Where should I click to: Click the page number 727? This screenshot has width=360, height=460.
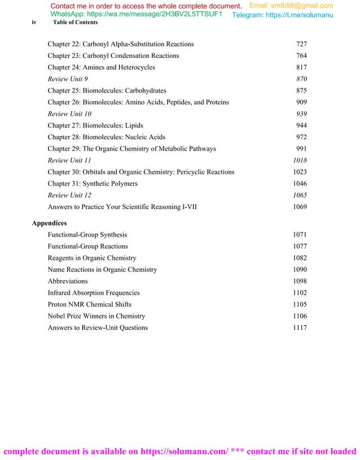pyautogui.click(x=301, y=44)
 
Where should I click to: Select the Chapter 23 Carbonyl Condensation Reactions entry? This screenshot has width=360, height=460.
pyautogui.click(x=113, y=56)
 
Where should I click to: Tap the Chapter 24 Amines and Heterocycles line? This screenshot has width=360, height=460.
pyautogui.click(x=101, y=68)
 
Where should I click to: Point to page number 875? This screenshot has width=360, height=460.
pyautogui.click(x=301, y=91)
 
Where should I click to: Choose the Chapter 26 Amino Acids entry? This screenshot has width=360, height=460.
pyautogui.click(x=138, y=103)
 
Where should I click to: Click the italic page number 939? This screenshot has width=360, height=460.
pyautogui.click(x=301, y=114)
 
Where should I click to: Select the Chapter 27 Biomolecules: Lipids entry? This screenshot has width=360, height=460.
pyautogui.click(x=95, y=126)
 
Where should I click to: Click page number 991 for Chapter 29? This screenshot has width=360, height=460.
pyautogui.click(x=301, y=149)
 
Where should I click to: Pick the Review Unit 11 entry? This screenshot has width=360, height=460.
pyautogui.click(x=69, y=161)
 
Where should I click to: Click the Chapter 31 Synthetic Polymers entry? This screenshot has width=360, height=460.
pyautogui.click(x=93, y=184)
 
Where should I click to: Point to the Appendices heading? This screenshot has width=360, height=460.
pyautogui.click(x=49, y=223)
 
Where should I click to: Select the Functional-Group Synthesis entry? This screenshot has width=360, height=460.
pyautogui.click(x=87, y=235)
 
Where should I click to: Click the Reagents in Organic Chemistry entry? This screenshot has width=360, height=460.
pyautogui.click(x=92, y=258)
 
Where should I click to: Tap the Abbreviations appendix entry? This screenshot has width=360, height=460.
pyautogui.click(x=68, y=281)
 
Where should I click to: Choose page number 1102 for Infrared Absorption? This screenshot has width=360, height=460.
pyautogui.click(x=300, y=293)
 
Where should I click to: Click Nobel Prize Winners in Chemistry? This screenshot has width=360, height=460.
pyautogui.click(x=96, y=316)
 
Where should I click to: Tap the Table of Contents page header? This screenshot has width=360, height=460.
pyautogui.click(x=75, y=23)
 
